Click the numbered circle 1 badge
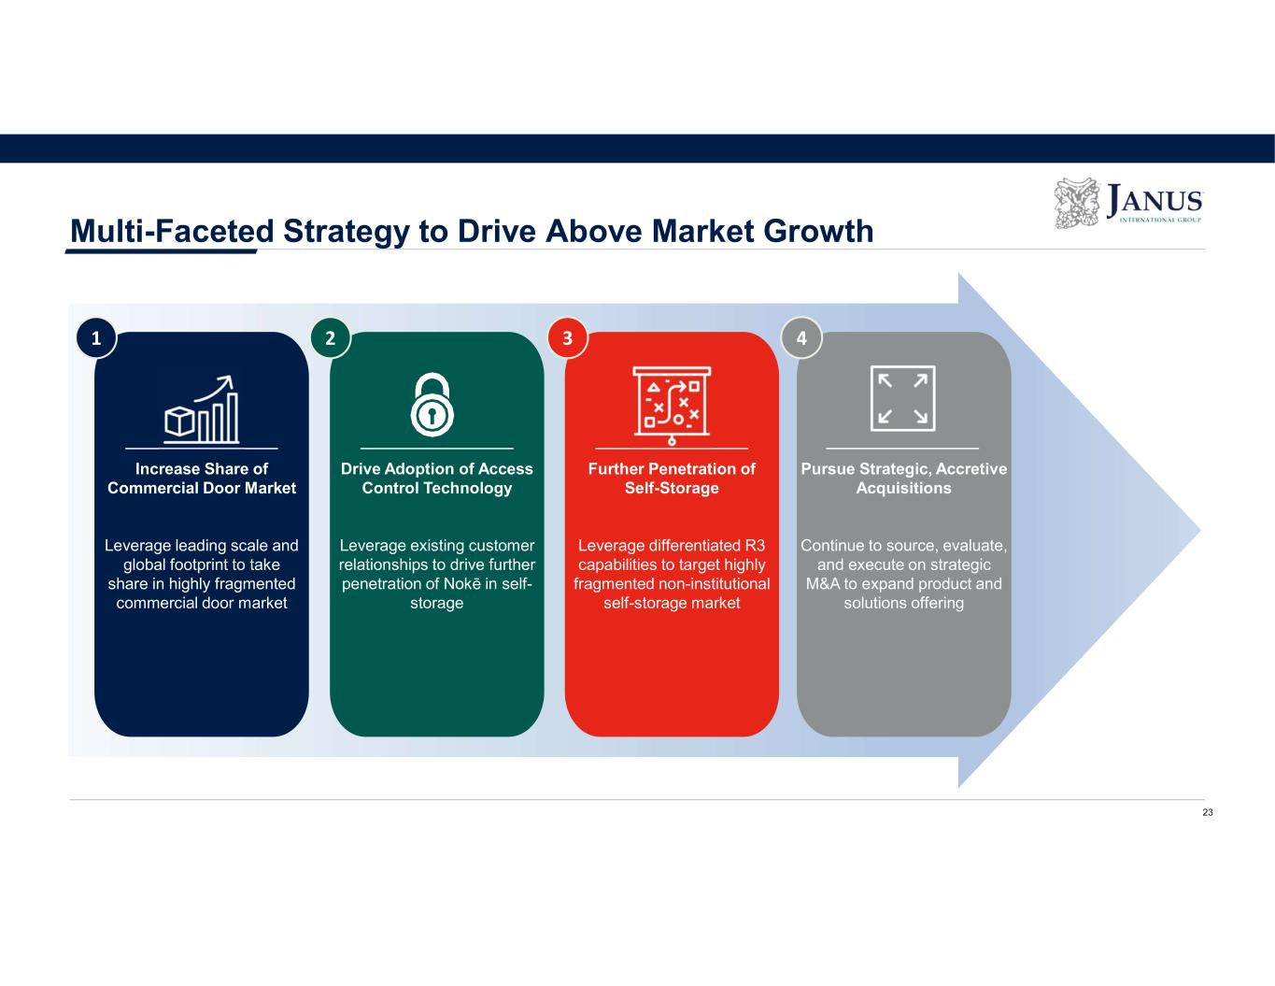click(96, 338)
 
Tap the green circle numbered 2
click(331, 338)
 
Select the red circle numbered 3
click(567, 338)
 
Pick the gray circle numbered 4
click(801, 338)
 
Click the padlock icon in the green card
click(432, 405)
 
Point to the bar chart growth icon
click(201, 409)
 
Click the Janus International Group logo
click(1128, 203)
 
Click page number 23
click(1208, 812)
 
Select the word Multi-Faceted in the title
click(172, 231)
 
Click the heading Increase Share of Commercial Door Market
click(202, 479)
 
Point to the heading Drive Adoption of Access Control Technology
click(437, 479)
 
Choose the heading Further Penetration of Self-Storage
click(672, 479)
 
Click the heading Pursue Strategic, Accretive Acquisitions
click(904, 479)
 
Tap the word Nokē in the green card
click(462, 584)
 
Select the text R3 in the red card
click(755, 546)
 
